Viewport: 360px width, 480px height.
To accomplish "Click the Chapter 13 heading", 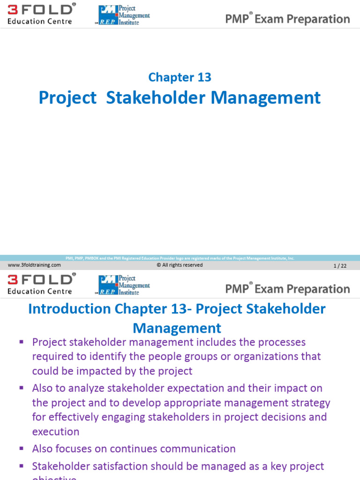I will tap(180, 77).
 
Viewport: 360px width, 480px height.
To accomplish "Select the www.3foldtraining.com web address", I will tap(34, 265).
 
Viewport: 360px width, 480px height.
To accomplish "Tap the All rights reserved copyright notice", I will tap(180, 265).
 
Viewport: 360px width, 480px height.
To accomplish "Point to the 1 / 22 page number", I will tap(340, 266).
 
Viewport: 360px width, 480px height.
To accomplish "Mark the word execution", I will tap(56, 432).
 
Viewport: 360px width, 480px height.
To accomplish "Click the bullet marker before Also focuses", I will tap(21, 449).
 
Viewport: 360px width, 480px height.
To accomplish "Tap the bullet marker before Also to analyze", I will tap(21, 388).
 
